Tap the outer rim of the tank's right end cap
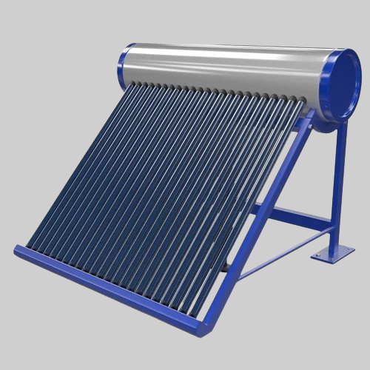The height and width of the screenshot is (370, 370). (358, 81)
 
